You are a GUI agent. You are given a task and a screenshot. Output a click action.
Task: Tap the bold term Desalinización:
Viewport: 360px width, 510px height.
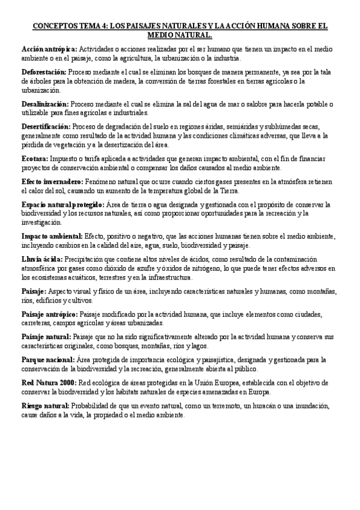[45, 104]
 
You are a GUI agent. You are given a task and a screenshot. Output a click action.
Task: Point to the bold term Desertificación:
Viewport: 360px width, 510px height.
[46, 126]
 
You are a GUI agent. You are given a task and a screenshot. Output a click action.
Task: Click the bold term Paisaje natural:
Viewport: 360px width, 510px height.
[46, 337]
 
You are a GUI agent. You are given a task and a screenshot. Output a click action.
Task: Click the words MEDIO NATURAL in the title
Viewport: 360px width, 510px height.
[180, 35]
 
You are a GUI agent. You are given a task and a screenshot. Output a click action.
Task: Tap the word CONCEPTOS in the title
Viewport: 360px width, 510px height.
[56, 26]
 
